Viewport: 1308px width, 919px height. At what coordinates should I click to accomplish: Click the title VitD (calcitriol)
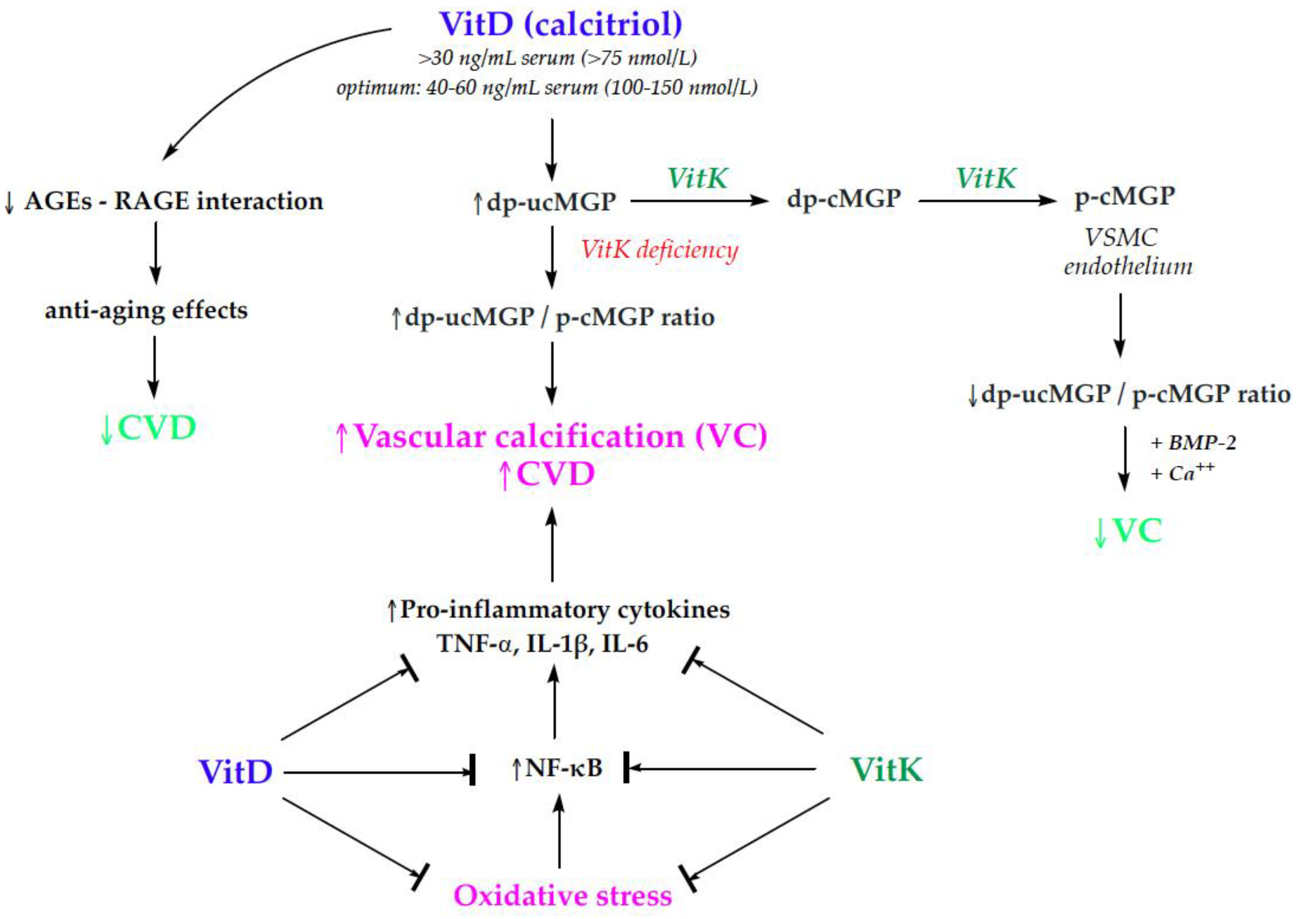pos(561,24)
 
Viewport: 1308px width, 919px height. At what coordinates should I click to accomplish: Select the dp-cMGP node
pos(844,199)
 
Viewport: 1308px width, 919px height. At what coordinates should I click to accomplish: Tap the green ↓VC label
pos(1128,532)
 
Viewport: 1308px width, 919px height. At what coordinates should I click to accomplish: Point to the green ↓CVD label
pos(148,428)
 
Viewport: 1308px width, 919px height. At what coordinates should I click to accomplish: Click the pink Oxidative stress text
pos(562,895)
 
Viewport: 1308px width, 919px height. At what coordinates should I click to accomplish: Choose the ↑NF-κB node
pos(557,768)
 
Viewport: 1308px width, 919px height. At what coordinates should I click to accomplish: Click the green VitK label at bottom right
pos(886,770)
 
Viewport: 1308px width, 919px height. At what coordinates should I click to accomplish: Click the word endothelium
pos(1128,267)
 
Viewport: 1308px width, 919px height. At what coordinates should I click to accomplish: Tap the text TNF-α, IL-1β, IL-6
pos(542,645)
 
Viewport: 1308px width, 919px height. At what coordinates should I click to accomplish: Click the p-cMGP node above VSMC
pos(1124,197)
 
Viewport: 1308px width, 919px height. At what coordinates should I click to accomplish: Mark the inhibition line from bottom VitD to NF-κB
pos(379,773)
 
